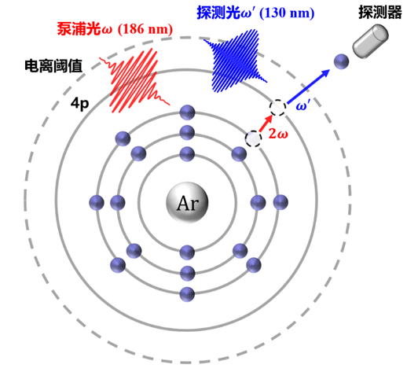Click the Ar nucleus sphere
click(x=187, y=203)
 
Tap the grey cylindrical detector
click(x=370, y=41)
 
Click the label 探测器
click(x=380, y=12)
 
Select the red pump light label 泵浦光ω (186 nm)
click(x=115, y=29)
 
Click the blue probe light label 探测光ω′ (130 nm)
click(x=255, y=13)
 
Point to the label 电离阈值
click(x=53, y=66)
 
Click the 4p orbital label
click(x=79, y=105)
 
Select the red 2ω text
click(x=278, y=134)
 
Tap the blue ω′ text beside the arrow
click(x=303, y=106)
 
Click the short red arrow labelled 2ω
click(x=266, y=123)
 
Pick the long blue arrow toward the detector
click(x=308, y=87)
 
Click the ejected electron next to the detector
click(x=342, y=61)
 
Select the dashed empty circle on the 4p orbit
click(x=277, y=108)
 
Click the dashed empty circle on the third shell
click(x=253, y=138)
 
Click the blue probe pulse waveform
click(x=234, y=61)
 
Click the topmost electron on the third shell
click(x=187, y=112)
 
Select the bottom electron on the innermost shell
click(x=187, y=252)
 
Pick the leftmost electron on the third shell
click(x=97, y=203)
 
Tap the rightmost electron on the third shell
click(x=280, y=202)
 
